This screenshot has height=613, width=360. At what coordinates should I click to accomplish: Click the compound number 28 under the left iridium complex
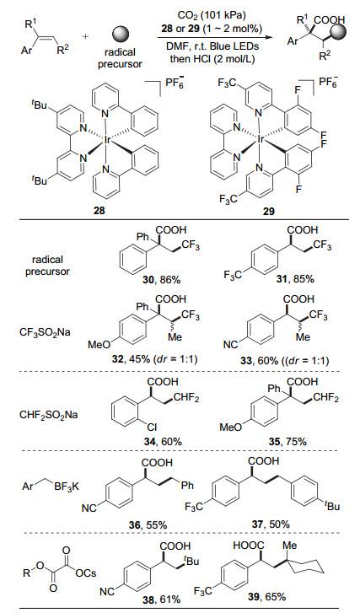click(x=99, y=211)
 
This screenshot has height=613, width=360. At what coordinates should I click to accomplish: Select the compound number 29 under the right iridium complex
click(x=269, y=211)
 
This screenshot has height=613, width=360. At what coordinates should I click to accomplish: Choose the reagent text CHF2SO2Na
click(x=48, y=414)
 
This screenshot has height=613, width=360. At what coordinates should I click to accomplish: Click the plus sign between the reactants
click(x=86, y=37)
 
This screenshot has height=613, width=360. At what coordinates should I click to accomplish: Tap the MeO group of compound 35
click(x=231, y=427)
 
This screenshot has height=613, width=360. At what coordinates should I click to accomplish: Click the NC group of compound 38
click(x=106, y=591)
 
